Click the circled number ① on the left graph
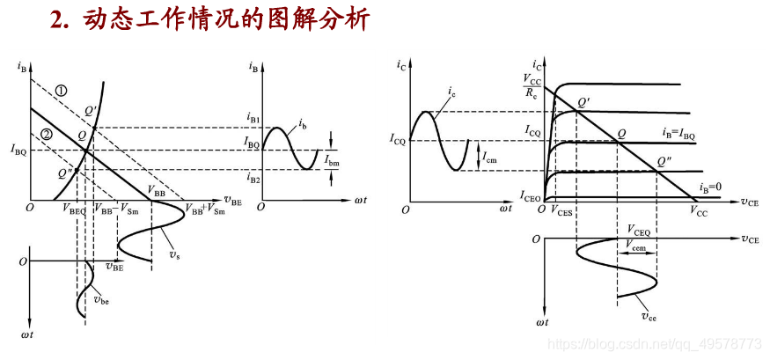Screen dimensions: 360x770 (x=61, y=90)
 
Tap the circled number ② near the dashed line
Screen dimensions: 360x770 (x=47, y=134)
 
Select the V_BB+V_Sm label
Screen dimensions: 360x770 (x=204, y=209)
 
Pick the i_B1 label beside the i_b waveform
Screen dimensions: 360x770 (x=254, y=117)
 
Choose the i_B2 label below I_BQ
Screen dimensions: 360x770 (x=253, y=180)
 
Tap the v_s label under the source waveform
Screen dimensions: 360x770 (x=176, y=255)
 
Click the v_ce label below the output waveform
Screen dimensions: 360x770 (x=649, y=314)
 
